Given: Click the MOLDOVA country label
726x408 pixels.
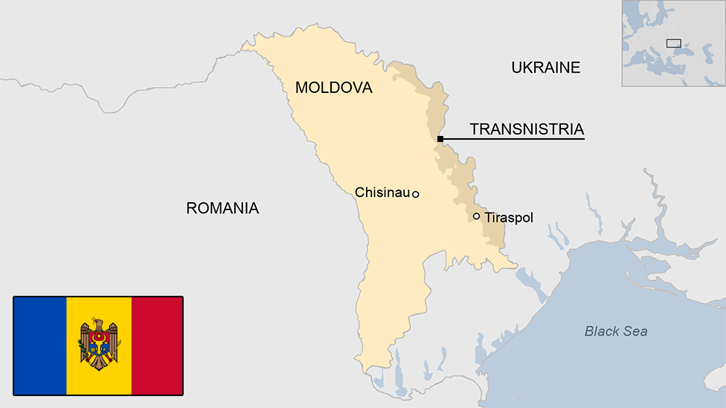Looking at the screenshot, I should [x=333, y=88].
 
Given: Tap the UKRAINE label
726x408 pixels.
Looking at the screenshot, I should [x=545, y=68].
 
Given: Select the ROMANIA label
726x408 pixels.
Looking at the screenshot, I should [x=222, y=208].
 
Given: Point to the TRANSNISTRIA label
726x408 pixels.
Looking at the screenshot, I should [x=527, y=129].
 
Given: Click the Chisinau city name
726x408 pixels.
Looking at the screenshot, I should [x=382, y=192].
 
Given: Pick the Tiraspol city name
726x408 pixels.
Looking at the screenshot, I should [x=509, y=218].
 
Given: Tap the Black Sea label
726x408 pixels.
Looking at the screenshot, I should [x=615, y=331].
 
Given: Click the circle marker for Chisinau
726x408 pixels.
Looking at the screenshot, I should [x=416, y=194].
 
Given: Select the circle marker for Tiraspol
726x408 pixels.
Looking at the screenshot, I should [x=476, y=216].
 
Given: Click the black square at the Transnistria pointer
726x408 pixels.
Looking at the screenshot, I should [x=440, y=139].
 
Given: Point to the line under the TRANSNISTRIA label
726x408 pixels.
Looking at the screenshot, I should [x=513, y=139].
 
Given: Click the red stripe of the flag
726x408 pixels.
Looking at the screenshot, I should [x=157, y=346].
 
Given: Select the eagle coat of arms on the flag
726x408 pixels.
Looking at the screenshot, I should [x=99, y=344].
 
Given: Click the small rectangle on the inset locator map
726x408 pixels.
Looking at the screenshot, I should [x=674, y=43].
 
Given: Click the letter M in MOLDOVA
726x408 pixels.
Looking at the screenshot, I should [x=302, y=88].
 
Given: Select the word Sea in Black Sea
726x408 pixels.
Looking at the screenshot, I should [x=636, y=331].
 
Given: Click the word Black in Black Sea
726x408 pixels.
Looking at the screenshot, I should [x=601, y=331].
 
